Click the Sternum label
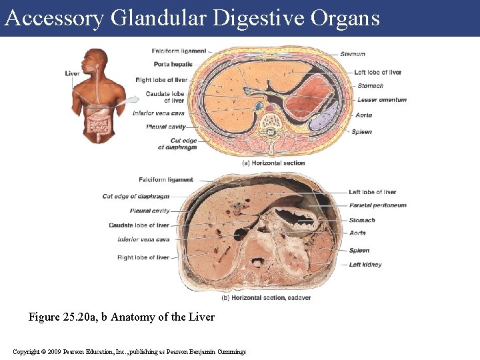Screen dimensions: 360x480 click(x=352, y=54)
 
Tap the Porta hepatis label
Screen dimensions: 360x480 click(x=173, y=65)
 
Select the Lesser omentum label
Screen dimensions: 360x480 click(x=381, y=100)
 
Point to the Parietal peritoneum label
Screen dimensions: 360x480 click(x=377, y=205)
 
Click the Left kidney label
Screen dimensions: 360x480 click(x=365, y=265)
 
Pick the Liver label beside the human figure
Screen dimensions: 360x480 click(x=73, y=73)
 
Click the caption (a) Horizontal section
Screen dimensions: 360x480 click(x=273, y=163)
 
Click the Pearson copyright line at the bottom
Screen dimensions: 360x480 click(x=129, y=351)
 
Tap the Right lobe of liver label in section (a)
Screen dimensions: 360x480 click(x=161, y=80)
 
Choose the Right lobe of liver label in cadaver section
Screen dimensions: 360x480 click(x=143, y=257)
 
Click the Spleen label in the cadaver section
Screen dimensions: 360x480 click(x=359, y=251)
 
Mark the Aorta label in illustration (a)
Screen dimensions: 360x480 click(x=364, y=115)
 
